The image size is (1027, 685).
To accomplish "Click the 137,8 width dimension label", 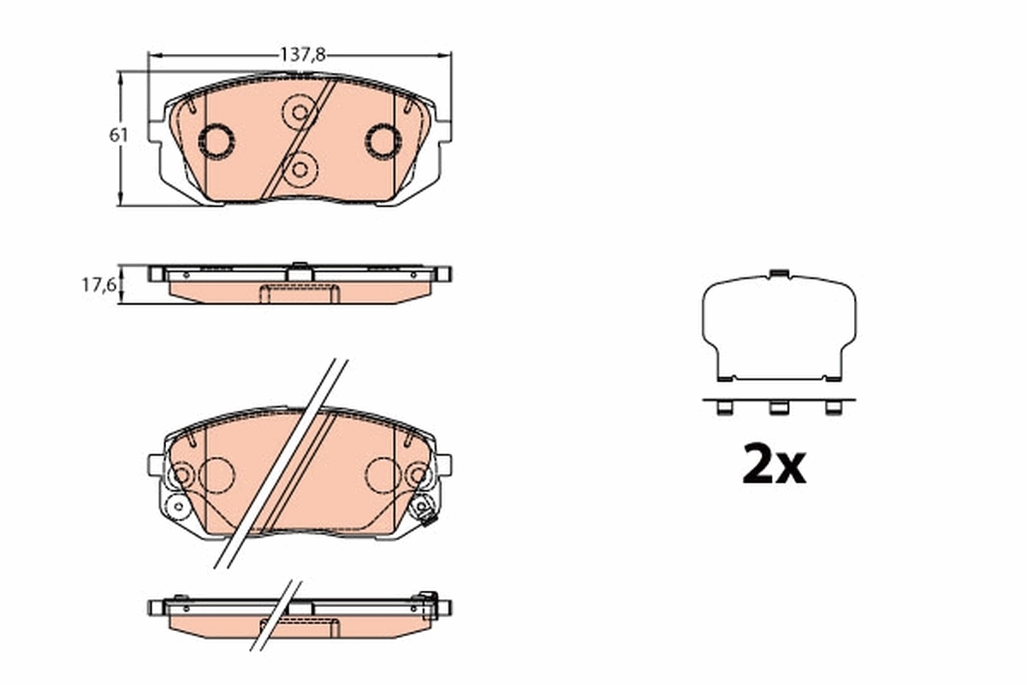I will click(x=303, y=54).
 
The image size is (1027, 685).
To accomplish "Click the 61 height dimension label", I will click(x=118, y=134).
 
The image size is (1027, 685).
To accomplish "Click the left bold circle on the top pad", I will click(x=215, y=140).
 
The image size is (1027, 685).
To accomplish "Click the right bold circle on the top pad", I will click(x=383, y=140).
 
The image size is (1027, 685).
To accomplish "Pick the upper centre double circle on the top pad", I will click(x=299, y=111).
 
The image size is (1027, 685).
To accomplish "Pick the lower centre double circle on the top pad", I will click(x=299, y=169).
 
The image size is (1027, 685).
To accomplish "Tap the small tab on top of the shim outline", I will click(x=778, y=274).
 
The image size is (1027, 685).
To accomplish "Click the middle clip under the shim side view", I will click(x=778, y=408).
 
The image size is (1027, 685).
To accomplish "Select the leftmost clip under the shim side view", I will click(x=724, y=408).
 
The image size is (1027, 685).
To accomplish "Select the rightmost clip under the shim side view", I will click(x=832, y=408).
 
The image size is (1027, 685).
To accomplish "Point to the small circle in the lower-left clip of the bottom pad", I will click(x=178, y=507).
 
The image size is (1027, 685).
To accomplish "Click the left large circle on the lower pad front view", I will click(x=217, y=474).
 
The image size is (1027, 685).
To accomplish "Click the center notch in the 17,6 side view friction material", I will click(x=299, y=294).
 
